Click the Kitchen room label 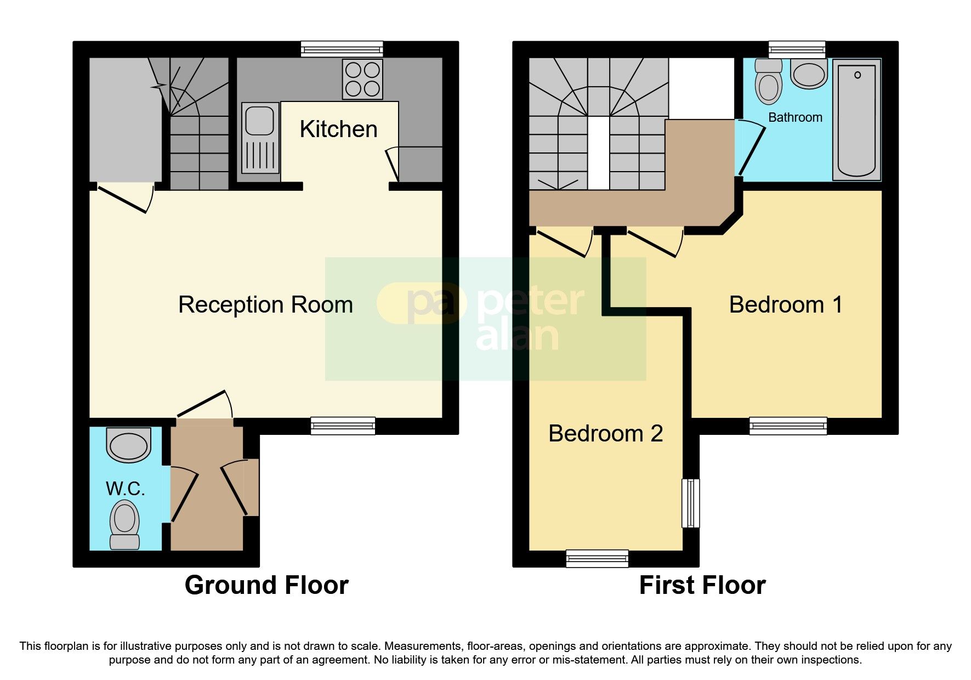[x=338, y=129]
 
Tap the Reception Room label [x=265, y=304]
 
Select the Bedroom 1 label [x=786, y=304]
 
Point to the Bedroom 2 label [x=605, y=433]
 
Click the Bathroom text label [x=795, y=117]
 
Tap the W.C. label [x=126, y=488]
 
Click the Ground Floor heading [x=266, y=585]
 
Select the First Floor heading [x=702, y=585]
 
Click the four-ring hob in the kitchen [x=362, y=79]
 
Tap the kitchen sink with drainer [x=260, y=139]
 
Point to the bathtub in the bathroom [x=856, y=120]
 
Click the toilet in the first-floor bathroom [x=769, y=81]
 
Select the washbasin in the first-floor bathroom [x=809, y=74]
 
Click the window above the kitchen [x=342, y=49]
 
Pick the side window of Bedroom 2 [x=691, y=503]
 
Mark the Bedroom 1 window [x=788, y=426]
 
